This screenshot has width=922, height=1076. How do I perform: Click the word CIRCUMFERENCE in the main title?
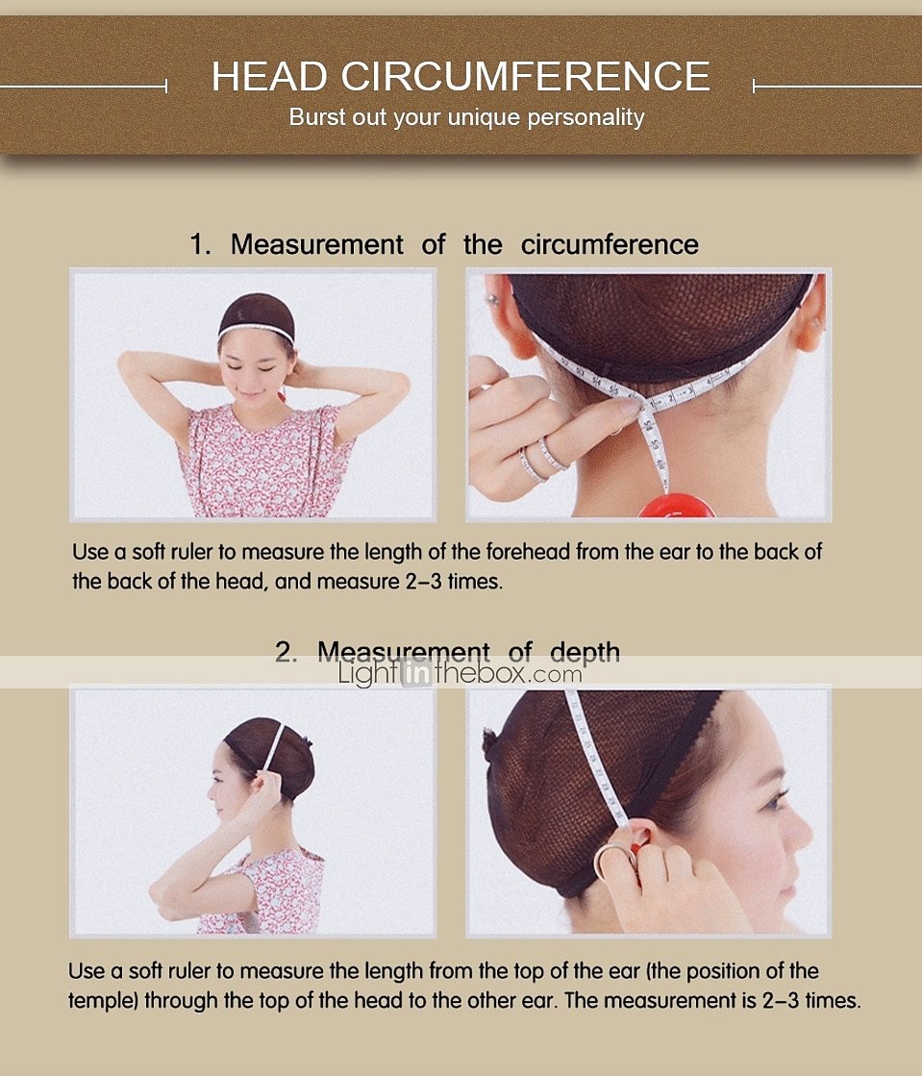pos(526,76)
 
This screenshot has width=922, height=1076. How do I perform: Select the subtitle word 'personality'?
pos(586,117)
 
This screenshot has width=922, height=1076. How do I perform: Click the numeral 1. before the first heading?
pos(200,244)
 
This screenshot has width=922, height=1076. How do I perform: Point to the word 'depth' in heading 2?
pos(585,652)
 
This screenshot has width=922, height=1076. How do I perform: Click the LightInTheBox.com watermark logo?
pos(460,673)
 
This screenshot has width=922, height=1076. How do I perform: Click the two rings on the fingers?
pos(543,459)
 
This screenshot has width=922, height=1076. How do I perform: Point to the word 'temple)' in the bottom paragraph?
pos(103,1000)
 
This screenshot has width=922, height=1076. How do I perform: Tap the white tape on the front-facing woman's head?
pos(256,330)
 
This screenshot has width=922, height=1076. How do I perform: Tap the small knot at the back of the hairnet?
pos(489,744)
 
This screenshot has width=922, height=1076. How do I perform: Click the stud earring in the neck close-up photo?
pos(492,299)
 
